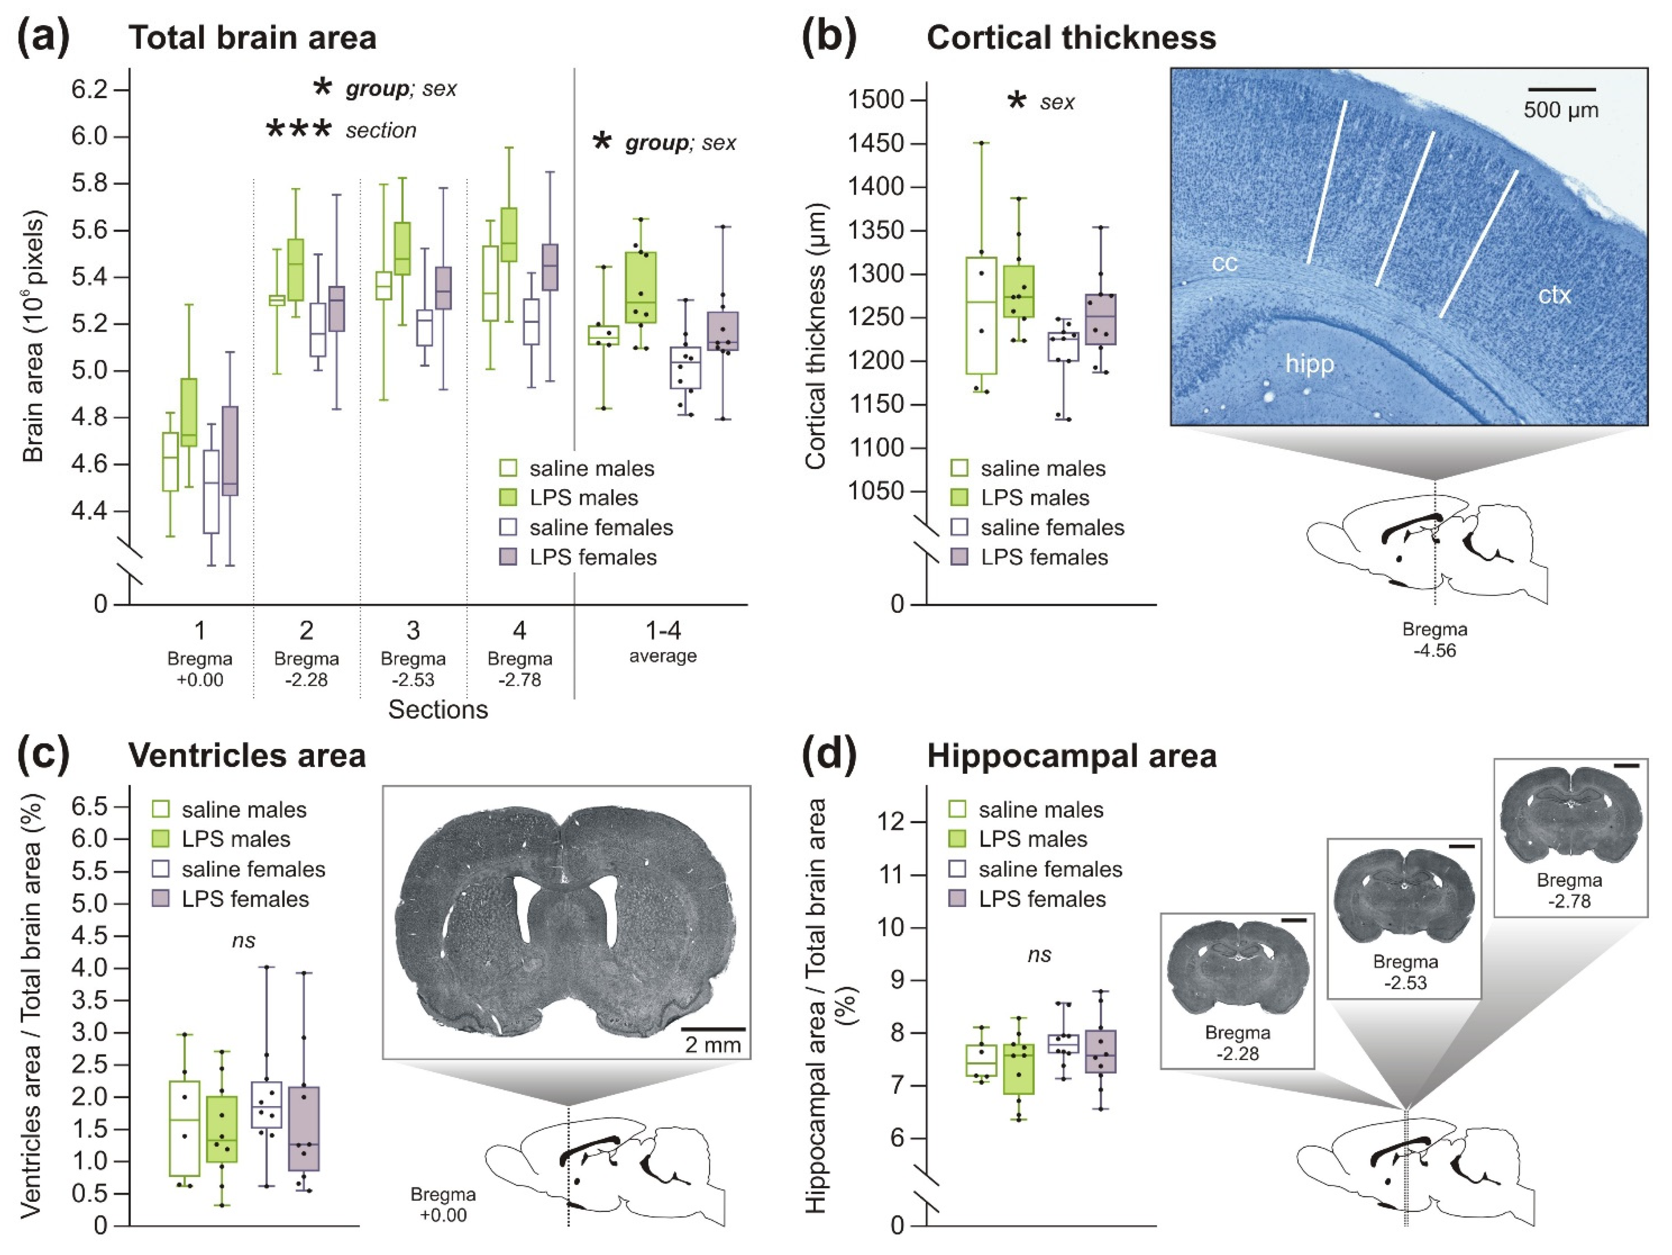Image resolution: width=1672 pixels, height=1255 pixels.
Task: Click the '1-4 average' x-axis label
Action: click(x=663, y=640)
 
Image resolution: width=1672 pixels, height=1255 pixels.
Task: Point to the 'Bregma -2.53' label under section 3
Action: click(x=413, y=669)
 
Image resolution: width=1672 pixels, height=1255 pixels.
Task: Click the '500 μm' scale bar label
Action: click(x=1560, y=111)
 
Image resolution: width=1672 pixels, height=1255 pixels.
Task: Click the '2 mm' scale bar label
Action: click(x=712, y=1045)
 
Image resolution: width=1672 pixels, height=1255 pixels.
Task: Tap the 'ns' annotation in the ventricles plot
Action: click(x=243, y=940)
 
